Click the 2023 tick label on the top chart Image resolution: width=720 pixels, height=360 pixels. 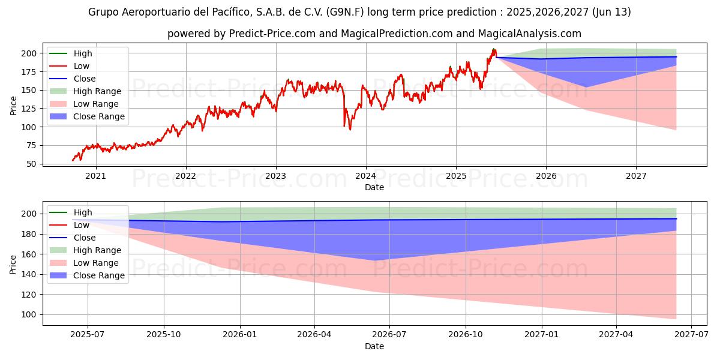click(276, 176)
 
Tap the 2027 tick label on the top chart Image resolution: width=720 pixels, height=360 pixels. click(636, 176)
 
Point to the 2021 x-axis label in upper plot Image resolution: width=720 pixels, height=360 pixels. click(96, 176)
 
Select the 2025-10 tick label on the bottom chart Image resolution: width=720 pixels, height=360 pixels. click(164, 335)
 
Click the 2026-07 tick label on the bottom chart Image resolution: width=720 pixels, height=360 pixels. click(389, 335)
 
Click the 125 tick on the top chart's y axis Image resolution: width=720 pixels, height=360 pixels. click(28, 109)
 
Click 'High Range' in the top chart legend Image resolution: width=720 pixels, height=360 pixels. click(97, 91)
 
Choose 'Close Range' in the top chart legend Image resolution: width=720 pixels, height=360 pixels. click(99, 116)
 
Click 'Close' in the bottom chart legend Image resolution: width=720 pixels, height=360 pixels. click(85, 238)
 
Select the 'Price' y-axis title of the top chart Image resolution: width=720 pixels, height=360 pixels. click(13, 106)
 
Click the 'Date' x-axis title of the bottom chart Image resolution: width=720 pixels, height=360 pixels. click(374, 346)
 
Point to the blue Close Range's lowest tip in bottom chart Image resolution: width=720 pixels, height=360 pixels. click(374, 260)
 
